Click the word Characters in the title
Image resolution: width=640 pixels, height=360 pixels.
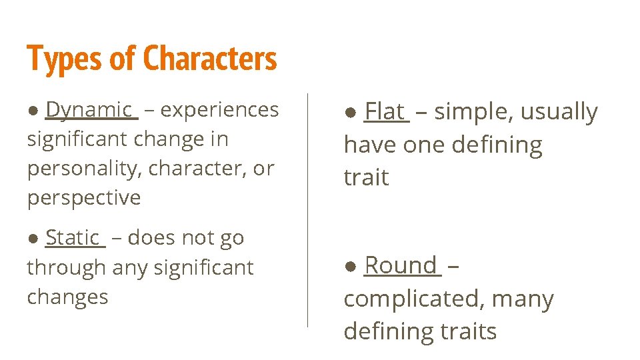point(209,59)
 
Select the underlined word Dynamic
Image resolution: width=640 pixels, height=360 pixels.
point(89,109)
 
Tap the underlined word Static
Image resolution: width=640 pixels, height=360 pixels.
point(72,237)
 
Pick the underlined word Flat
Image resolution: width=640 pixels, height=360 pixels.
point(385,111)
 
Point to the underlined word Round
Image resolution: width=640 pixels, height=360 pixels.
point(400,265)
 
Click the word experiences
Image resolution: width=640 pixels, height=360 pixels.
point(220,109)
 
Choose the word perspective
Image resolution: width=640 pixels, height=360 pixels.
point(84,198)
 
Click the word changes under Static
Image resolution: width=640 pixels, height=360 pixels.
point(67,297)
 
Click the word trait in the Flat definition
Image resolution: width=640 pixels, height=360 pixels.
point(366,177)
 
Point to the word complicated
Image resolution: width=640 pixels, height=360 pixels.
point(413,299)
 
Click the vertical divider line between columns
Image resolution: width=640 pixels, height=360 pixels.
point(307,210)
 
